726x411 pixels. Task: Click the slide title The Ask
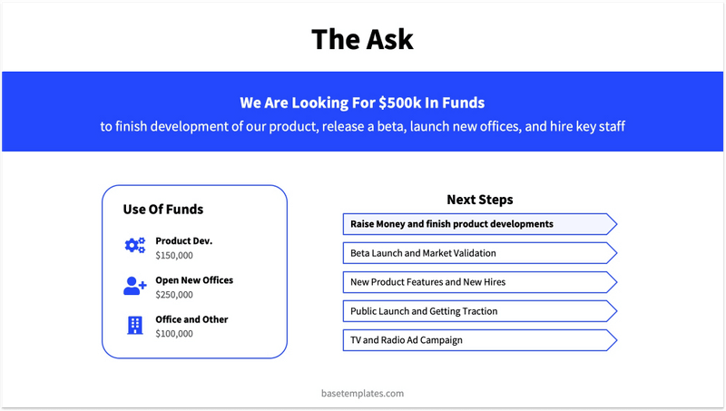click(x=362, y=39)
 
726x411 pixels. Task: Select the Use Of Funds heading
click(x=163, y=210)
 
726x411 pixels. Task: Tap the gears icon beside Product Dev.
click(x=135, y=245)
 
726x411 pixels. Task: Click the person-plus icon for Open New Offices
click(x=135, y=286)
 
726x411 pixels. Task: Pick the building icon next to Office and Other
click(x=135, y=325)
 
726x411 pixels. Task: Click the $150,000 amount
click(x=174, y=256)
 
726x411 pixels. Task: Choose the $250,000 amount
click(x=174, y=295)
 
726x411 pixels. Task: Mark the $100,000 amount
click(x=174, y=334)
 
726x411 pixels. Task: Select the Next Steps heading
click(x=479, y=200)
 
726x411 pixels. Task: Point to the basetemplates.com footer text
click(x=362, y=394)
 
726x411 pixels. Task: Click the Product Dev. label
click(x=183, y=241)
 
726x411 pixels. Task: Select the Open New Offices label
click(x=194, y=280)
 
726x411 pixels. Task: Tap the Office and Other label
click(x=191, y=319)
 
